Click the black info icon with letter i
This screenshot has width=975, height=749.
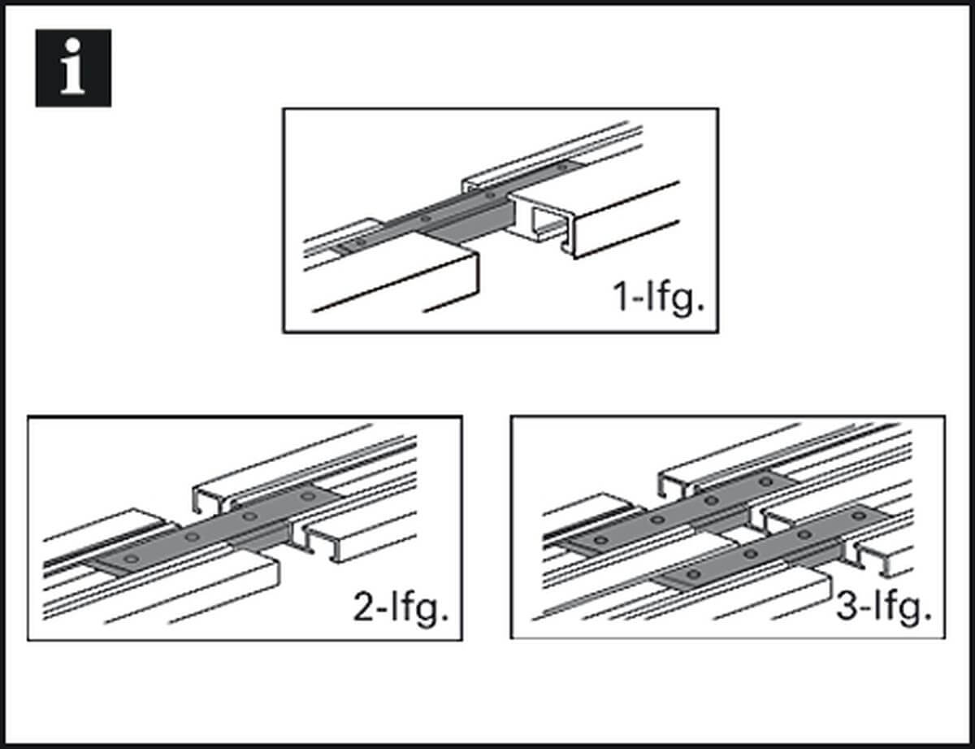[73, 68]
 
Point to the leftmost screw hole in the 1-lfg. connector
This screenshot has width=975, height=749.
[351, 242]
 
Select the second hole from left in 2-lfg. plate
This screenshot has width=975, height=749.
[192, 537]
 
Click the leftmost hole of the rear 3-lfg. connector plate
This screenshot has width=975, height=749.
[600, 540]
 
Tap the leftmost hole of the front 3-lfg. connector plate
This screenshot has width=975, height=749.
[691, 575]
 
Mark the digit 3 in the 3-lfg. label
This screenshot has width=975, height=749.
[847, 607]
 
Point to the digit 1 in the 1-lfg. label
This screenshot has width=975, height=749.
[622, 299]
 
